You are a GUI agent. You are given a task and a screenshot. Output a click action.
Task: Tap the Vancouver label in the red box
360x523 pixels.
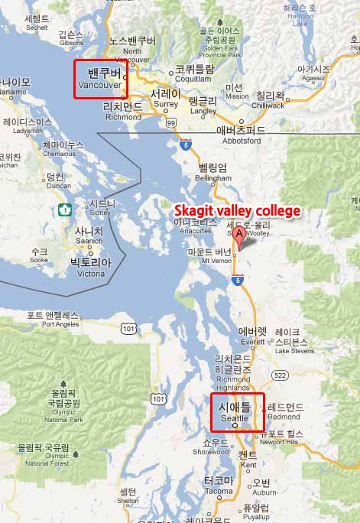point(101,80)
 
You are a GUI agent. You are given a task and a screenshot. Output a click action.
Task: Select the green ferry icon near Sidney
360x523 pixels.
point(63,209)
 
